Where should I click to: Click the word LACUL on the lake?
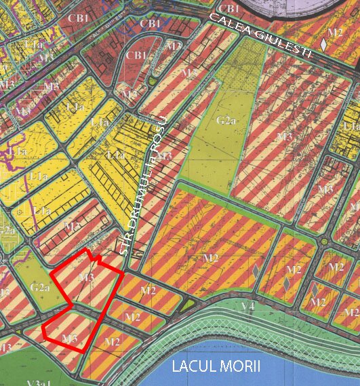pos(195,368)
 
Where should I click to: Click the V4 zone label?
pos(248,306)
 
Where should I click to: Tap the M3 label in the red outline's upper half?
pos(86,277)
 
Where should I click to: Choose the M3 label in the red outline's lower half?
pos(68,337)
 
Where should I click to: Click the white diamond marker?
pos(324,44)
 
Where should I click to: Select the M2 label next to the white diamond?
pos(334,32)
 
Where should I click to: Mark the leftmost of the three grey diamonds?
pos(255,271)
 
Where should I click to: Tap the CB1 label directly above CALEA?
pos(229,8)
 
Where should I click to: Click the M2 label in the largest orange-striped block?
pos(210,258)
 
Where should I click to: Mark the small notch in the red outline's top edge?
pos(96,259)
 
